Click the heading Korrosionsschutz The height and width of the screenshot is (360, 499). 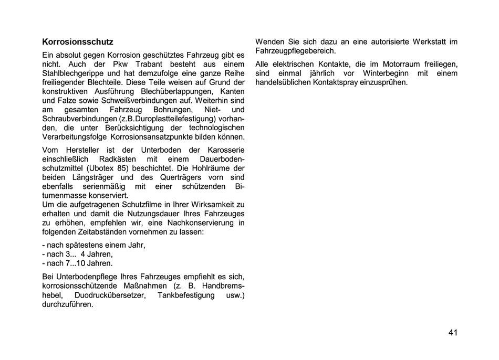[77, 41]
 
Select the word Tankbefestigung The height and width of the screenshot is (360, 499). [186, 295]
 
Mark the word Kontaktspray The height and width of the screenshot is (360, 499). [342, 83]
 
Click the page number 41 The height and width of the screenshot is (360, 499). [453, 333]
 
